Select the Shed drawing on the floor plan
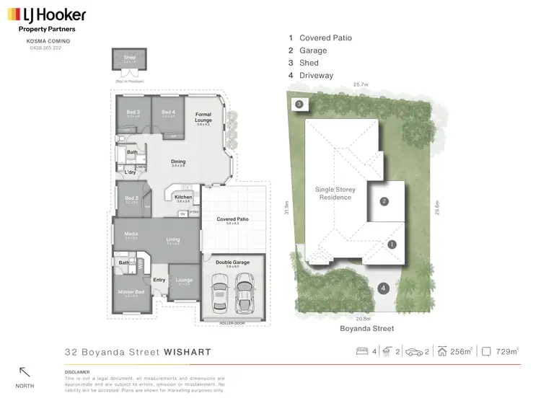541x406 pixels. pyautogui.click(x=130, y=62)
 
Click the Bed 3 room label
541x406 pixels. pyautogui.click(x=133, y=112)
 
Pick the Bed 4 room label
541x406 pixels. pyautogui.click(x=168, y=112)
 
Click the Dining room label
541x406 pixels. pyautogui.click(x=177, y=162)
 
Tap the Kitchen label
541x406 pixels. pyautogui.click(x=183, y=197)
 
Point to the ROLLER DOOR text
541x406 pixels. pyautogui.click(x=232, y=323)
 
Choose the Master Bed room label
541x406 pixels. pyautogui.click(x=131, y=291)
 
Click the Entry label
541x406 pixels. pyautogui.click(x=159, y=280)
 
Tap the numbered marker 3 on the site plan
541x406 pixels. pyautogui.click(x=299, y=105)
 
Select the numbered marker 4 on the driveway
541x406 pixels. pyautogui.click(x=384, y=288)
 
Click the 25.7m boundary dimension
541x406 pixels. pyautogui.click(x=360, y=84)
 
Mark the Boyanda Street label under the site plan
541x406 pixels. pyautogui.click(x=367, y=328)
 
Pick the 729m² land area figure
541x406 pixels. pyautogui.click(x=507, y=352)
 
